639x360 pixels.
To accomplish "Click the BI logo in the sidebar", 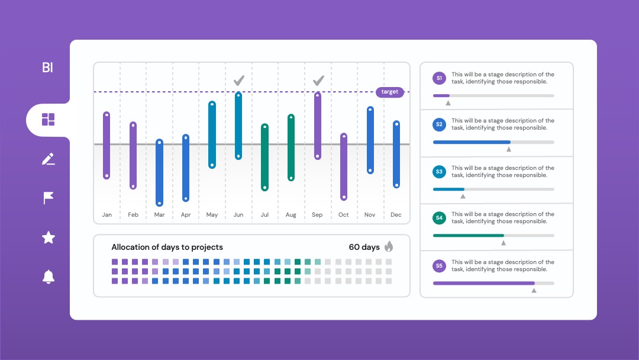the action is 48,67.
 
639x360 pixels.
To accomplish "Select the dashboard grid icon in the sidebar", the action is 48,120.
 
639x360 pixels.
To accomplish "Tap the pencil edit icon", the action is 48,159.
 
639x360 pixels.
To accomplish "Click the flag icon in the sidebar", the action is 48,198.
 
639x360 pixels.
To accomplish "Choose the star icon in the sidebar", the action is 49,237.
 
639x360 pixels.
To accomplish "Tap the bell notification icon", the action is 49,277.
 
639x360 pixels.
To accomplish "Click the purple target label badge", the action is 389,92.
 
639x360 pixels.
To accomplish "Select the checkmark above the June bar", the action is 239,81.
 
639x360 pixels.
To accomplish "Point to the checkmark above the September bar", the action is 318,81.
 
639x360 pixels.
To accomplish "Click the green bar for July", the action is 265,157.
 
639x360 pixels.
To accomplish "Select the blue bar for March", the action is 159,172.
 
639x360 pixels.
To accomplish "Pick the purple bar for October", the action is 344,166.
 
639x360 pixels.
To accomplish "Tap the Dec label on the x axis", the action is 396,214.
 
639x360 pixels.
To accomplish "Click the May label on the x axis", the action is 212,214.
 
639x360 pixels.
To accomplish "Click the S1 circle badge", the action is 439,78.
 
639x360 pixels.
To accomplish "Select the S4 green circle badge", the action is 439,218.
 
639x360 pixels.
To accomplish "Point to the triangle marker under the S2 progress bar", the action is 509,149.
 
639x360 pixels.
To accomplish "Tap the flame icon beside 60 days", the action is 389,246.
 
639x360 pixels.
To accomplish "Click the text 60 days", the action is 364,247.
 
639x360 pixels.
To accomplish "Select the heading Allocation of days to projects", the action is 167,247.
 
